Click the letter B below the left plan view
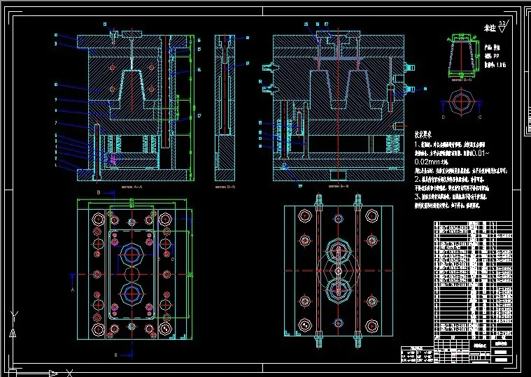[x=116, y=356]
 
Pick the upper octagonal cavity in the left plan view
[x=131, y=255]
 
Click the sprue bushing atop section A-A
[x=131, y=33]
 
